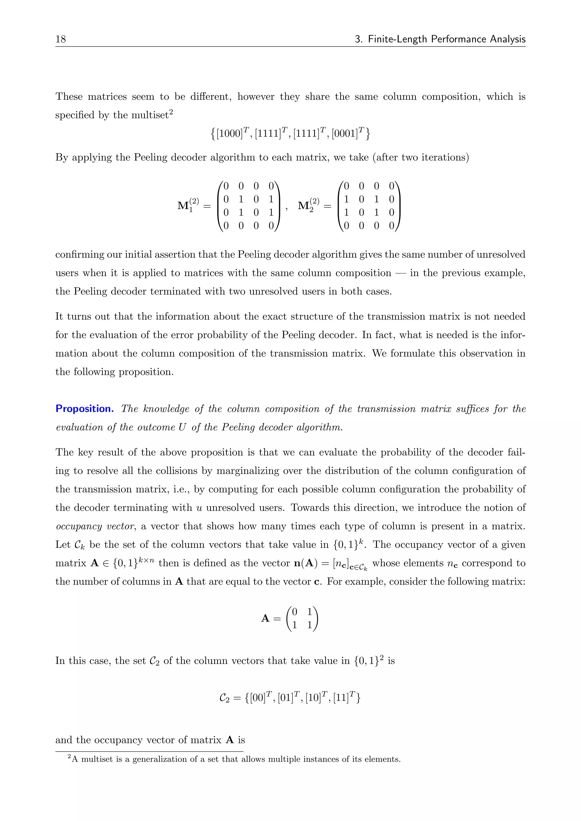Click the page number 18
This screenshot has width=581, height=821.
point(60,39)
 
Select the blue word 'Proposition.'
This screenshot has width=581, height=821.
point(85,409)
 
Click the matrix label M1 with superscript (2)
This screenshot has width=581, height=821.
point(188,205)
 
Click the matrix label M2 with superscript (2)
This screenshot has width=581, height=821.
point(308,205)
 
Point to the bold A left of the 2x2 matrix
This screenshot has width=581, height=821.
point(265,618)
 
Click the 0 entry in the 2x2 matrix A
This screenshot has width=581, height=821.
point(294,612)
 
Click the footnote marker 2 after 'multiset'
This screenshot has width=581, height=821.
point(171,113)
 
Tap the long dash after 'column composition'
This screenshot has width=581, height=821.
point(400,273)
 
